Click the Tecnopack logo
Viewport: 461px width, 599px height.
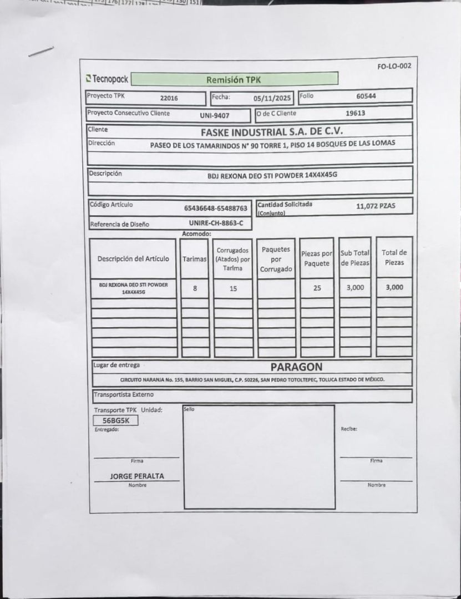click(x=108, y=79)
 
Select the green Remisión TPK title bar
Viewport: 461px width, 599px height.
click(x=234, y=79)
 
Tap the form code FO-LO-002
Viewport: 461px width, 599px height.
click(x=394, y=67)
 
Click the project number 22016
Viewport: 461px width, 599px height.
click(x=169, y=98)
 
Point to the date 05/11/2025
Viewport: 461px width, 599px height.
click(x=272, y=98)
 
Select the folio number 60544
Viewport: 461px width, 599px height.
click(x=366, y=96)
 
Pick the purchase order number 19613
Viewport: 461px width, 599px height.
click(x=355, y=113)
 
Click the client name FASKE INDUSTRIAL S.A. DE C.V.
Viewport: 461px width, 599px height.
click(x=272, y=132)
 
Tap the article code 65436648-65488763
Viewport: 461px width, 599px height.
click(x=216, y=209)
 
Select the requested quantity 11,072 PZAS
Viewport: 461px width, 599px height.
click(x=376, y=206)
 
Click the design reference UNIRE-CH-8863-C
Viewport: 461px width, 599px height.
click(x=216, y=223)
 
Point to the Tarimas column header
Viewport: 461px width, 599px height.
click(x=195, y=259)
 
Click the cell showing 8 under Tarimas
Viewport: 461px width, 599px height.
click(x=195, y=288)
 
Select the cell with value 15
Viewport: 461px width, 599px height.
click(x=233, y=288)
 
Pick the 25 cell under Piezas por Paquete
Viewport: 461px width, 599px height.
click(x=317, y=288)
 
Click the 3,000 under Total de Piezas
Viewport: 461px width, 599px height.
click(x=394, y=287)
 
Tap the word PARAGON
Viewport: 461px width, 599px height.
click(x=296, y=367)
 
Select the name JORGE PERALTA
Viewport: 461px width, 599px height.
click(x=136, y=476)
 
